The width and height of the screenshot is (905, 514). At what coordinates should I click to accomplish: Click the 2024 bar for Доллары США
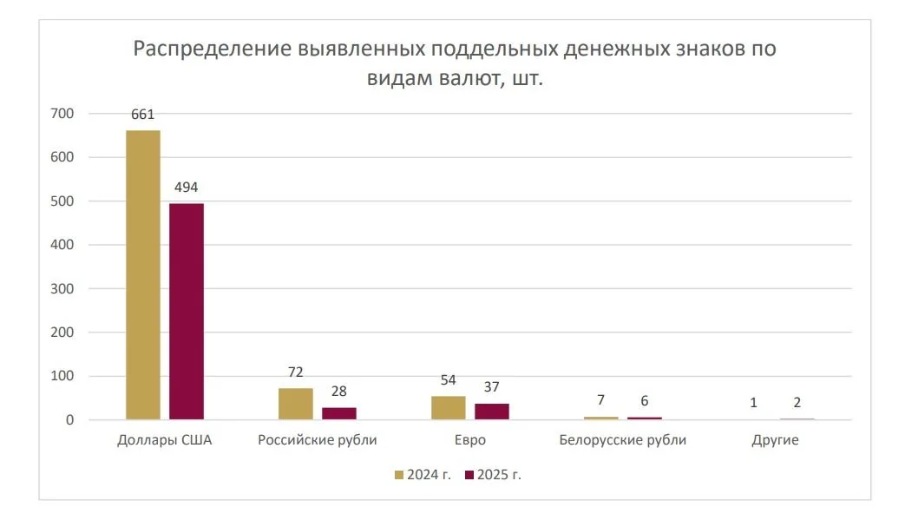(143, 275)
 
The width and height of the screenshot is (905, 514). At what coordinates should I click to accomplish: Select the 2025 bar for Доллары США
(187, 312)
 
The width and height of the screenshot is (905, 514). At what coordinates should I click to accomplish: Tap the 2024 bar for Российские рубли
(296, 404)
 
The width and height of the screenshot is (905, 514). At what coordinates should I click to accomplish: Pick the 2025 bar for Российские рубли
(339, 413)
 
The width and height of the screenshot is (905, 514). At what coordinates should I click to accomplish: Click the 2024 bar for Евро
(449, 408)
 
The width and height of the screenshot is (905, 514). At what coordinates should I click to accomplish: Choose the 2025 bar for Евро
(492, 412)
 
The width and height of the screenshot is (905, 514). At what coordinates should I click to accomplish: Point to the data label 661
(143, 114)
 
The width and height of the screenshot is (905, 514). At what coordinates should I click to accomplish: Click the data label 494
(187, 187)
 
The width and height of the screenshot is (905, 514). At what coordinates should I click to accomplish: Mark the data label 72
(296, 372)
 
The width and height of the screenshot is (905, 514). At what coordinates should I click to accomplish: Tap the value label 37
(492, 386)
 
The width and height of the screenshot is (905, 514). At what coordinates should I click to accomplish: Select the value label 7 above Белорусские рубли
(601, 400)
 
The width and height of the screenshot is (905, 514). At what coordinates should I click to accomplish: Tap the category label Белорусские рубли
(623, 440)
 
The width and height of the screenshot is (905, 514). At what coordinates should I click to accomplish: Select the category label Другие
(776, 440)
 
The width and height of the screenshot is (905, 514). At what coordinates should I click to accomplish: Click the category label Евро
(470, 440)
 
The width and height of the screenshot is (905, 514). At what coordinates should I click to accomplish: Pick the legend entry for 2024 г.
(423, 475)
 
